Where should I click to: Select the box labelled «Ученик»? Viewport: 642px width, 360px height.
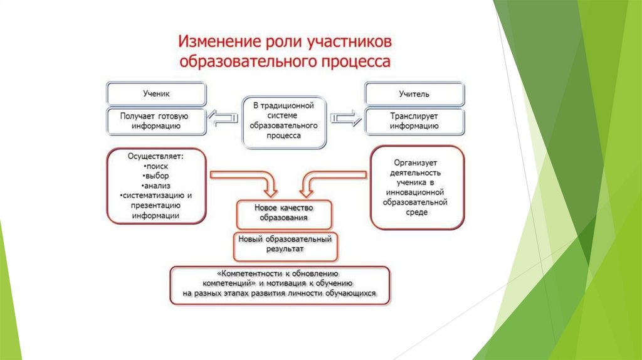click(x=156, y=93)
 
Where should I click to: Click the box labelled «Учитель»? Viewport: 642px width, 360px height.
click(x=414, y=94)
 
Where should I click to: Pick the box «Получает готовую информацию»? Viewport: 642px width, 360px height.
click(x=156, y=120)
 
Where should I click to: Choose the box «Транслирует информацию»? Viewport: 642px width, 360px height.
click(x=414, y=120)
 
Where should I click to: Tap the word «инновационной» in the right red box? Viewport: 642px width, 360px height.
click(x=416, y=193)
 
